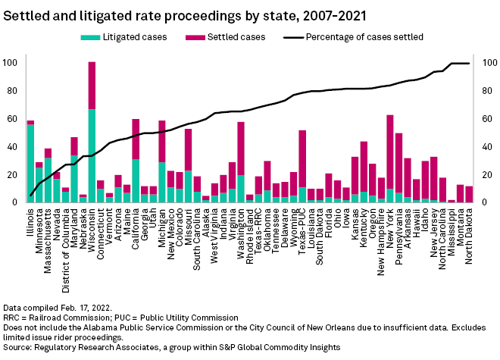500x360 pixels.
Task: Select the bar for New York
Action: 389,159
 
